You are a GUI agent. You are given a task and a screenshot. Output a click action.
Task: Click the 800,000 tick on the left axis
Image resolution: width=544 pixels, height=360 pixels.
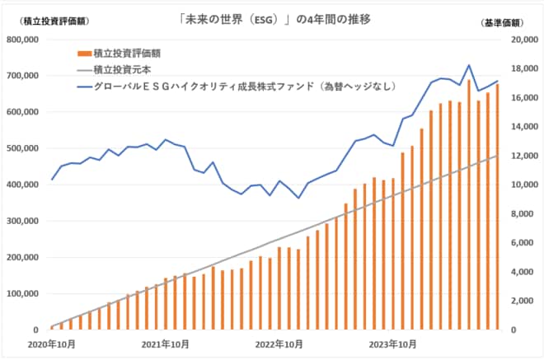coord(26,39)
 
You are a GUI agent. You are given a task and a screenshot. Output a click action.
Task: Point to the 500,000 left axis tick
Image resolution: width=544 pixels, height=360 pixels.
coord(26,148)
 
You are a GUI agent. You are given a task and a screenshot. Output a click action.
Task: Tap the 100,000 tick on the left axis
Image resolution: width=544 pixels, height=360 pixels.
coord(26,294)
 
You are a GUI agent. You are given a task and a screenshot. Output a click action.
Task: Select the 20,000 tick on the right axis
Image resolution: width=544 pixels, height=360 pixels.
coord(518,39)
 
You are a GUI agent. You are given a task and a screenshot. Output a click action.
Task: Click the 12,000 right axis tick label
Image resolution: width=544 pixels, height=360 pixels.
coord(518,156)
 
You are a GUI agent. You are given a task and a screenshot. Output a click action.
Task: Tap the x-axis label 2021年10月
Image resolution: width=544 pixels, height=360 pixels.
coord(166,344)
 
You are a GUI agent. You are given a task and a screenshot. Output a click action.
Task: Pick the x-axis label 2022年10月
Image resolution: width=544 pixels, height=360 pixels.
coord(280,344)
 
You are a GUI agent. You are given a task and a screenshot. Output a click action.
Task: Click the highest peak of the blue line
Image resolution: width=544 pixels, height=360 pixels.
coord(469,65)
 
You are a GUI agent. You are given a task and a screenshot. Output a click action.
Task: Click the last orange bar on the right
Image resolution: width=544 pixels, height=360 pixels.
coord(497,207)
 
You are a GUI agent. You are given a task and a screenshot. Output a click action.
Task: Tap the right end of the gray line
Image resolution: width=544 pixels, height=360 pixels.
coord(497,156)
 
